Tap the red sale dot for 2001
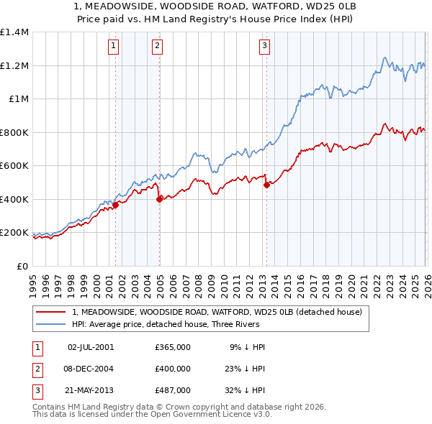click(115, 206)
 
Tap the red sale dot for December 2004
click(159, 200)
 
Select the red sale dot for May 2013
click(266, 185)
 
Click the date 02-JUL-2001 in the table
click(90, 346)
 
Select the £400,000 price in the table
click(173, 368)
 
